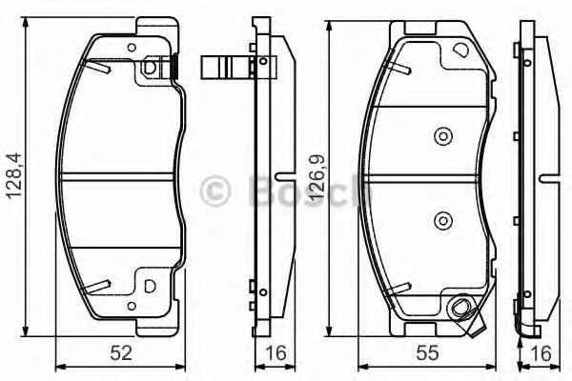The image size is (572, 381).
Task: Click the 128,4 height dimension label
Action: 14,175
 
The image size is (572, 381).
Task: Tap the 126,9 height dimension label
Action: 317,176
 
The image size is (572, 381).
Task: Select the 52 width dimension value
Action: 121,352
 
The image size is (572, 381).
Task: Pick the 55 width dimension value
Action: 427,352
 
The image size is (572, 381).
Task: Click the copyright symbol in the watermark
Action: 214,190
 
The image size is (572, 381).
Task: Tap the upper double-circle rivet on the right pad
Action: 443,136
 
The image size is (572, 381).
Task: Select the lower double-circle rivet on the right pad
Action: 443,221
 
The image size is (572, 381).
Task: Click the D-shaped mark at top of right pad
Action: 461,50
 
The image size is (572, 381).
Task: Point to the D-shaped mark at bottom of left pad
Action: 150,286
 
